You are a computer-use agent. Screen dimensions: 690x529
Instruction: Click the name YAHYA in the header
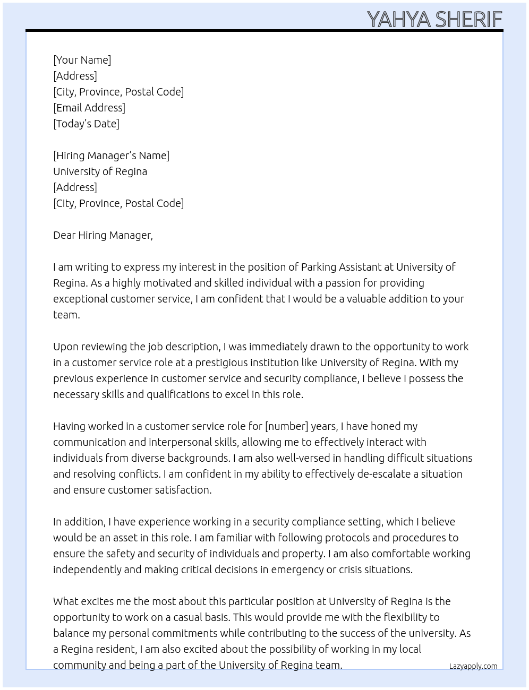point(399,19)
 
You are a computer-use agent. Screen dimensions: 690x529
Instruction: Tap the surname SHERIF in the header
point(469,19)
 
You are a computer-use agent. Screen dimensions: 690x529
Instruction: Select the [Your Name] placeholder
point(82,60)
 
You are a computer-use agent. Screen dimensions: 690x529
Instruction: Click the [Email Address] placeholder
point(89,108)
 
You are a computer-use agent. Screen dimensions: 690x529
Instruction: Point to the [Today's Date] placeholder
point(86,124)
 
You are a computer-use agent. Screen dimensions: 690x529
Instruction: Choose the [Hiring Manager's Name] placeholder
point(111,156)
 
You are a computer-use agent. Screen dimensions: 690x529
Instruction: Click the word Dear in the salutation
point(64,235)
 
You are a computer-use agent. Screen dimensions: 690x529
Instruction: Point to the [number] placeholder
point(286,426)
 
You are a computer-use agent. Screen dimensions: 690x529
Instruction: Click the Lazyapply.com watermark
point(473,666)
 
